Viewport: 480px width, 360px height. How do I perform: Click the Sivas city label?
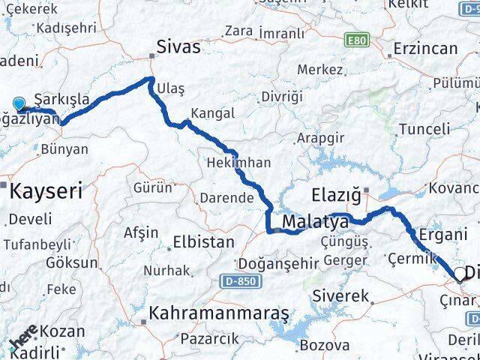(178, 47)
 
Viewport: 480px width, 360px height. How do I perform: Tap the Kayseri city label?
(46, 191)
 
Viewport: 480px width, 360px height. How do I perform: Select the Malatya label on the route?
(316, 223)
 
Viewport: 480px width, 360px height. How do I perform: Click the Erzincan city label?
(427, 49)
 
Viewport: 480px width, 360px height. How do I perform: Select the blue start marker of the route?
(19, 105)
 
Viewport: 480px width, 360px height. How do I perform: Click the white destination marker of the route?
(460, 274)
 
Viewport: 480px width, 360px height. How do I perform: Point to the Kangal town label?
(213, 113)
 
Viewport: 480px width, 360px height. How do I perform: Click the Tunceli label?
(424, 129)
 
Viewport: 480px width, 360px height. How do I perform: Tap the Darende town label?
(226, 199)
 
